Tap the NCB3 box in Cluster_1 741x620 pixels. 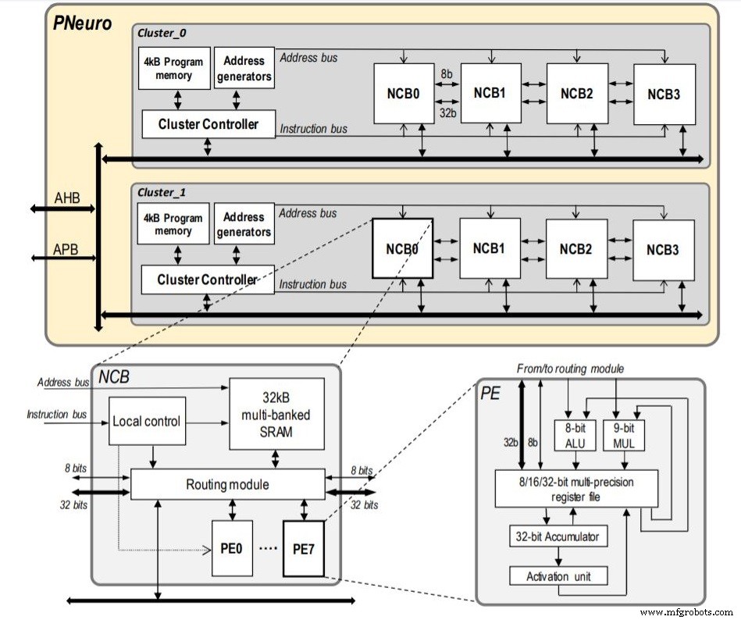coord(663,251)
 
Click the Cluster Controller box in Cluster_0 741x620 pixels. coord(208,123)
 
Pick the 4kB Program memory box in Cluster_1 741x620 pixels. coord(173,224)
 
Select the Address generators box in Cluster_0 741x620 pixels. coord(244,69)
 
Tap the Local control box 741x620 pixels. coord(147,421)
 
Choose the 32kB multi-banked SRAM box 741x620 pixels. coord(276,415)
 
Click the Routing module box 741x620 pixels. coord(227,485)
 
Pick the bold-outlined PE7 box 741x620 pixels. coord(303,548)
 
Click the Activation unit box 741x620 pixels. coord(558,576)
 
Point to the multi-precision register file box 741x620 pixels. coord(576,488)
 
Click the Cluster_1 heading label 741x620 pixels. coord(162,192)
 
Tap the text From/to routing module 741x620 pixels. coord(571,369)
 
